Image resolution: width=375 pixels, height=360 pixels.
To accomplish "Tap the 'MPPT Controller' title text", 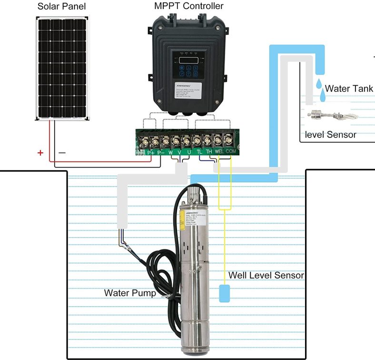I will click(x=188, y=6).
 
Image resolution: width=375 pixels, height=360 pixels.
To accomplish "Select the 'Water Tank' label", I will click(x=349, y=89).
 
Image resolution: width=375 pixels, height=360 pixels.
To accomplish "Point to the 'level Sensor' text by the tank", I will click(x=330, y=135).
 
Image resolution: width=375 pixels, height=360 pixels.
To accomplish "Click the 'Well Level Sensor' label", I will click(x=266, y=275).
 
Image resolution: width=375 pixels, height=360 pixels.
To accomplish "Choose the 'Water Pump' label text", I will click(x=130, y=293).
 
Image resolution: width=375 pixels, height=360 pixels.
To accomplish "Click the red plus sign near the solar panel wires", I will click(x=40, y=153).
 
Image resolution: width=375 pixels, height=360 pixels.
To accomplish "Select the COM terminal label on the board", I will click(x=231, y=152).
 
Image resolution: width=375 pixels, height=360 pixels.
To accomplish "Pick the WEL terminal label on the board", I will click(x=219, y=152).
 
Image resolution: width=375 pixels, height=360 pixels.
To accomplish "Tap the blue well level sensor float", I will click(x=225, y=293).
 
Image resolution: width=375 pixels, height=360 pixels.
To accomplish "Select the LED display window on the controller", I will click(x=189, y=60).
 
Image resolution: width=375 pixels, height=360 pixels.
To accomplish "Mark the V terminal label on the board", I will click(x=179, y=152).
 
